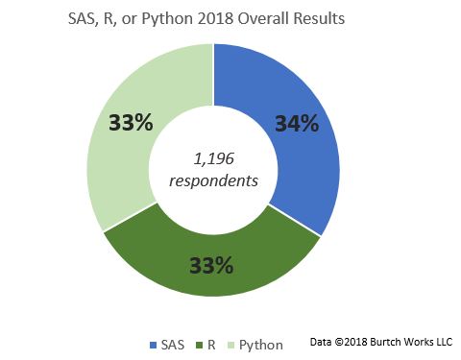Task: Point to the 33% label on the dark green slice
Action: point(210,264)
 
